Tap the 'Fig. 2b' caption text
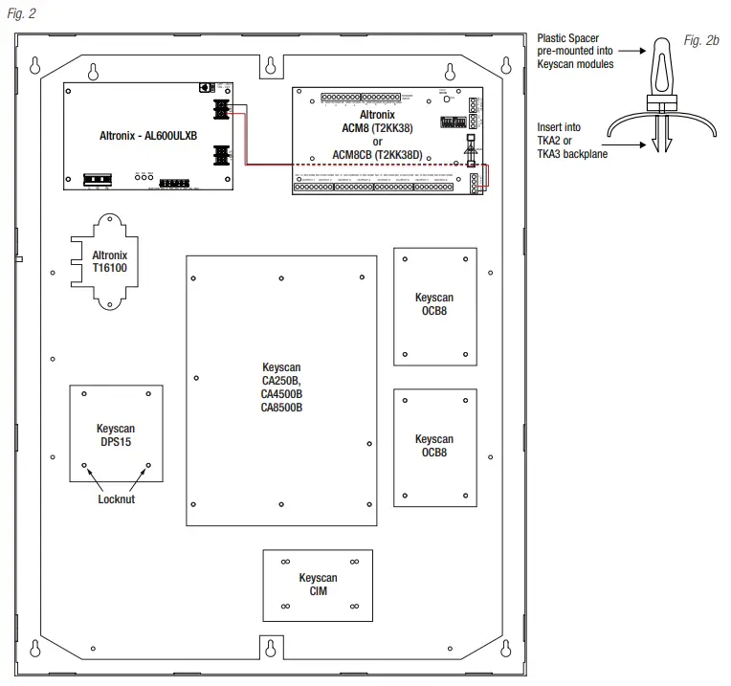[x=700, y=43]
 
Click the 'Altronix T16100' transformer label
[x=109, y=263]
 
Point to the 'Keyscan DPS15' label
[x=116, y=435]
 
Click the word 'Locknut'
[x=117, y=498]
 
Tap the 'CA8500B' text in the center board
[x=282, y=408]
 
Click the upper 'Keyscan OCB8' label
[x=433, y=305]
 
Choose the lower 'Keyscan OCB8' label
[x=433, y=446]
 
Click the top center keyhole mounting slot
[x=271, y=66]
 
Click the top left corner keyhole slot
[x=35, y=66]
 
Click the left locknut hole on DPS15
[x=85, y=467]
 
